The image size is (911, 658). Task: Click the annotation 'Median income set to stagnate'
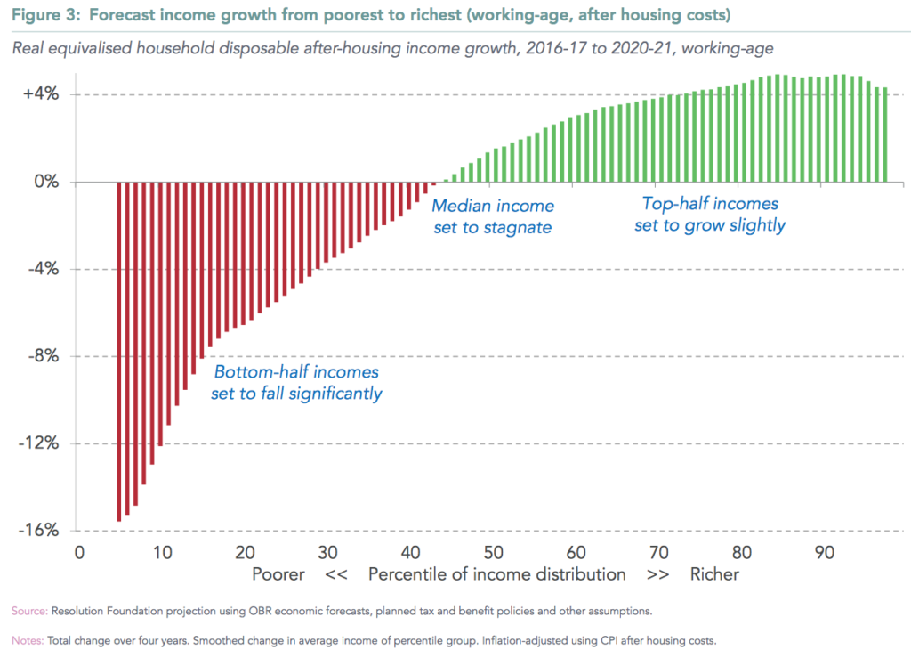pyautogui.click(x=492, y=216)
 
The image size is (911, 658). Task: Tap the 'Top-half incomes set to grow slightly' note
pyautogui.click(x=710, y=215)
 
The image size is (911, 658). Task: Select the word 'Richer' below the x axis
pyautogui.click(x=714, y=574)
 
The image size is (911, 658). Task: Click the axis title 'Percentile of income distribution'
pyautogui.click(x=497, y=574)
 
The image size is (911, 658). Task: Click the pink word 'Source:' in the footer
pyautogui.click(x=29, y=611)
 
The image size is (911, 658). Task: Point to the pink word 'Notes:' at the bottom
pyautogui.click(x=28, y=639)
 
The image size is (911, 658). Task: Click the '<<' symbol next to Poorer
pyautogui.click(x=336, y=574)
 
